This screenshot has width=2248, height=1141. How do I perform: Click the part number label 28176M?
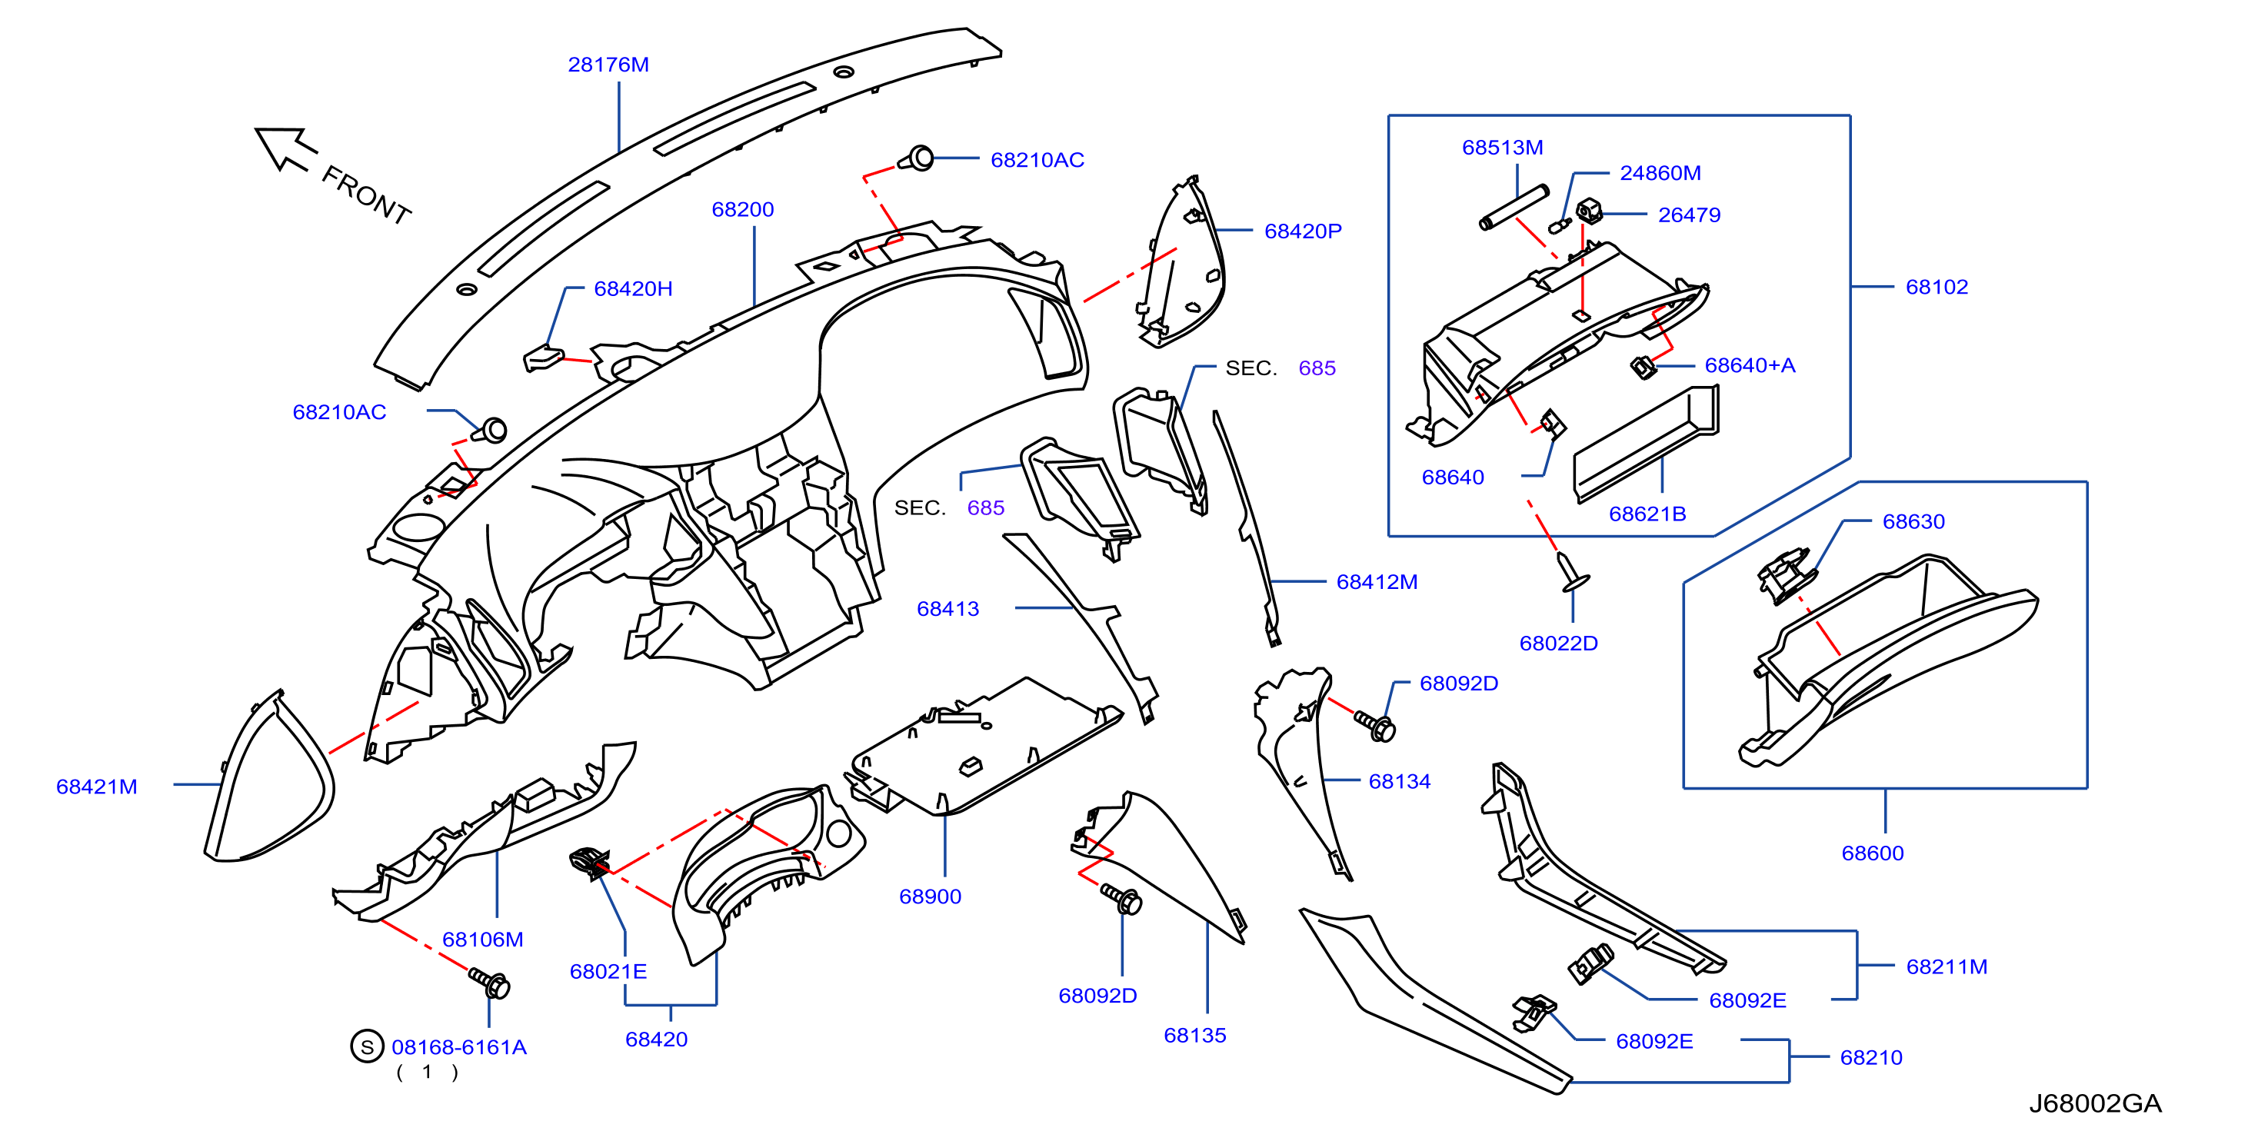(x=608, y=65)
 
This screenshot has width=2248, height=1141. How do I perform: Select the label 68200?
(x=743, y=209)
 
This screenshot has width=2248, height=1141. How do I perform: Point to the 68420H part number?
(x=633, y=289)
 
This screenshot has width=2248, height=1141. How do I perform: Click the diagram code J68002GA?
(x=2094, y=1103)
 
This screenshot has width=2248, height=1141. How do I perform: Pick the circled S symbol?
(x=368, y=1046)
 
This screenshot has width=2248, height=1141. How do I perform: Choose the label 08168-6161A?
(x=459, y=1046)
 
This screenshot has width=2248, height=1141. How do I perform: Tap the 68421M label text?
(x=97, y=787)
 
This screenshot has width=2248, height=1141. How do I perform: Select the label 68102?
(x=1937, y=287)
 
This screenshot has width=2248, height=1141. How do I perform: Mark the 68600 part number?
(x=1873, y=853)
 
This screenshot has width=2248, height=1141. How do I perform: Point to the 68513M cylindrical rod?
(x=1514, y=208)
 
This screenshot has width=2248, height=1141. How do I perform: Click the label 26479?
(x=1690, y=215)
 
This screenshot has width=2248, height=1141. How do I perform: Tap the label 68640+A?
(x=1750, y=365)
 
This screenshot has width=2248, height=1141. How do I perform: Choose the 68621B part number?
(x=1647, y=514)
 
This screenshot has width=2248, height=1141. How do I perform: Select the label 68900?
(x=931, y=896)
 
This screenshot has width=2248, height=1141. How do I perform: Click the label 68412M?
(x=1377, y=582)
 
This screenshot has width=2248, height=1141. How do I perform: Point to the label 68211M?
(x=1947, y=966)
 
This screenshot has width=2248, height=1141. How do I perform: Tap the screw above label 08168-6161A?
(x=490, y=983)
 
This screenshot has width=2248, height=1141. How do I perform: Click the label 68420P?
(x=1303, y=231)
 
